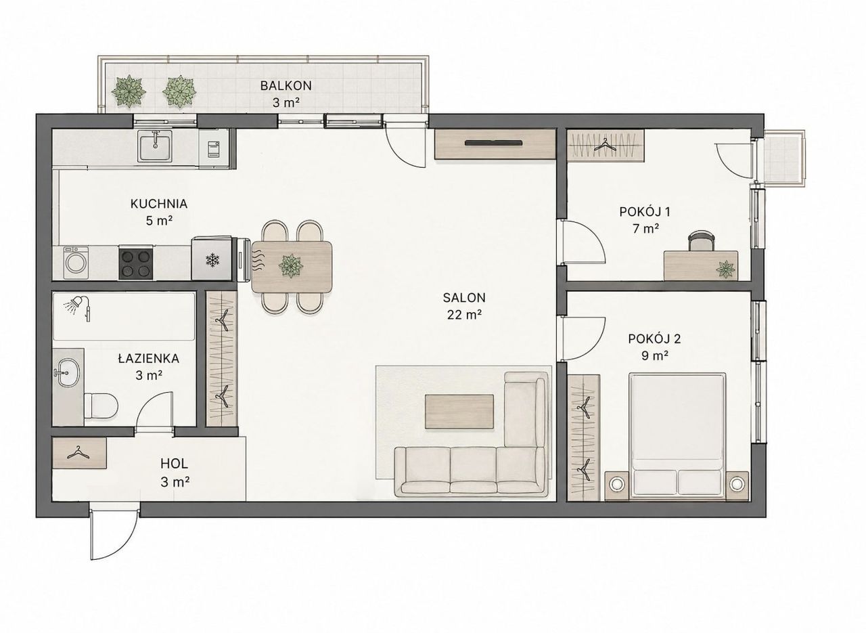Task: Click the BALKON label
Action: click(x=286, y=85)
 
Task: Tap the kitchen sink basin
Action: click(x=155, y=146)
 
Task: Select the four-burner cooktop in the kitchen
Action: click(x=135, y=263)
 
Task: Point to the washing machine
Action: click(x=76, y=263)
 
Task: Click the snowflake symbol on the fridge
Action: click(x=212, y=259)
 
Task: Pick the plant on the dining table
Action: click(x=291, y=266)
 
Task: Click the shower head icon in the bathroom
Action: click(x=75, y=304)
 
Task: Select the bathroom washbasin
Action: click(x=68, y=372)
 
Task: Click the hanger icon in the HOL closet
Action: click(x=78, y=453)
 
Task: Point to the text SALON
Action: click(x=464, y=297)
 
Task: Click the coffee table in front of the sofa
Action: click(x=459, y=412)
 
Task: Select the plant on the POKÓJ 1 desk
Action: click(x=725, y=269)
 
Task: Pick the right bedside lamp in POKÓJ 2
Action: click(x=737, y=483)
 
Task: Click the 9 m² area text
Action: click(x=656, y=355)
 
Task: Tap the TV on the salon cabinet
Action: click(x=494, y=143)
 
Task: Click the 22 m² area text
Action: click(x=465, y=315)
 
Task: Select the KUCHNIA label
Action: click(x=159, y=204)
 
